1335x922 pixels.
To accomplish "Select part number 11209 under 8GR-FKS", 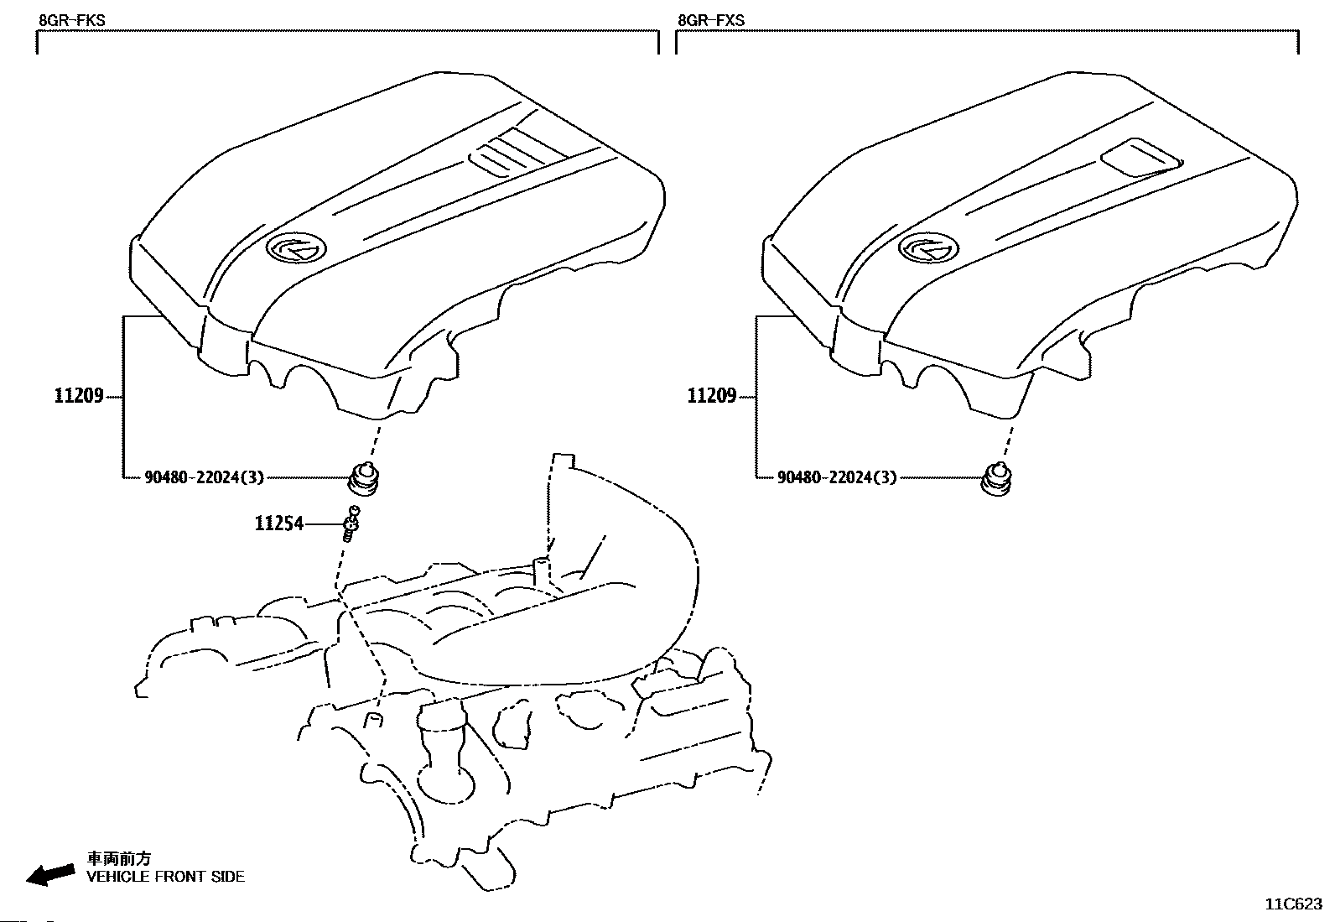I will coord(79,396).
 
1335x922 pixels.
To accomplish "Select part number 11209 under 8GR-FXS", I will coord(712,396).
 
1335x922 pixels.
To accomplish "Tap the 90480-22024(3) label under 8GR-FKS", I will coord(205,477).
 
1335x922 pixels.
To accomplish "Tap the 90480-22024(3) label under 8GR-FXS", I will coord(837,477).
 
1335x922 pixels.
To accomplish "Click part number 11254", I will coord(279,524).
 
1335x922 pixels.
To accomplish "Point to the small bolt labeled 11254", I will coord(352,524).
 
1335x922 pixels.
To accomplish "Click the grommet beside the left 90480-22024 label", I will coord(363,479).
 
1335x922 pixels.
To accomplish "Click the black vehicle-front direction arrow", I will coord(49,873).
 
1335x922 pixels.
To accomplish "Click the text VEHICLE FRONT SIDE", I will coord(166,877).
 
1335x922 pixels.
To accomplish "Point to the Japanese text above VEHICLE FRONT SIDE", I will coord(120,858).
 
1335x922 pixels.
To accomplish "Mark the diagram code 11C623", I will coord(1293,904).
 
